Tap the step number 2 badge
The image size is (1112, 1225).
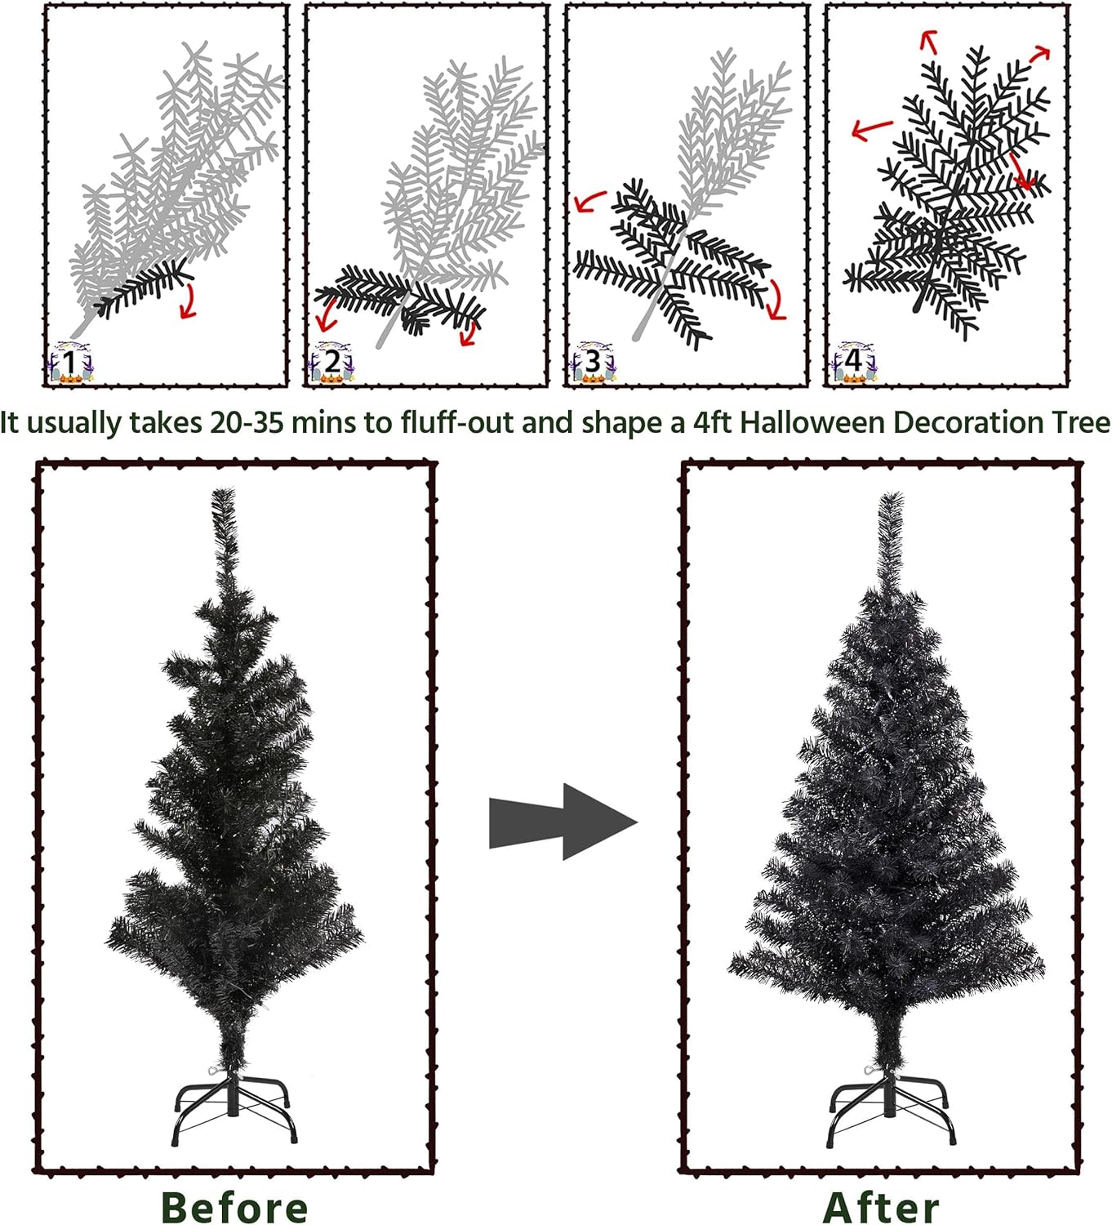click(332, 362)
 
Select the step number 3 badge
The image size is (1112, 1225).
click(593, 362)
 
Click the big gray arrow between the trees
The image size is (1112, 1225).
click(563, 822)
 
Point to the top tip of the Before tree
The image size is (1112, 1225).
click(224, 488)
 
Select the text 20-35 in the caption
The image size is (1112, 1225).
click(247, 422)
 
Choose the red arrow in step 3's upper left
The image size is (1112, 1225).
click(590, 201)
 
